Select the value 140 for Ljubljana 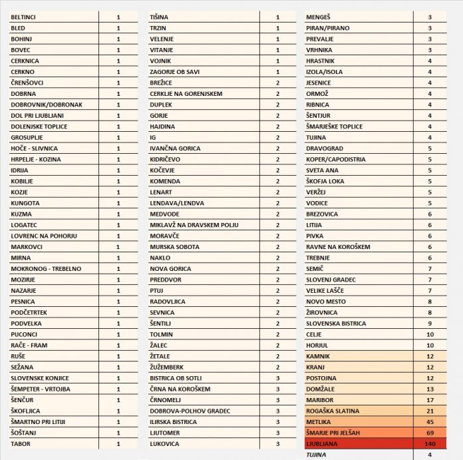pyautogui.click(x=430, y=443)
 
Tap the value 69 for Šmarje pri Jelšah pyautogui.click(x=430, y=433)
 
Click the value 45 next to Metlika pyautogui.click(x=430, y=421)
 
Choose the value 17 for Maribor pyautogui.click(x=430, y=399)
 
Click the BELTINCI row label pyautogui.click(x=24, y=17)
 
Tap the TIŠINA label pyautogui.click(x=159, y=17)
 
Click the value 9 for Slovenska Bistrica pyautogui.click(x=430, y=324)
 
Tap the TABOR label pyautogui.click(x=21, y=443)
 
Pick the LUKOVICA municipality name pyautogui.click(x=165, y=443)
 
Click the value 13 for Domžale pyautogui.click(x=430, y=389)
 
